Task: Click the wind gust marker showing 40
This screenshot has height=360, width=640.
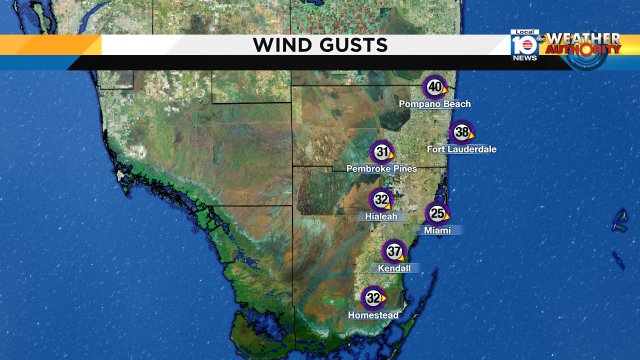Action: point(434,86)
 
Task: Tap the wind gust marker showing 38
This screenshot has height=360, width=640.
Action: point(461,132)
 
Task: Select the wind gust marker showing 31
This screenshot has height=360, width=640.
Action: point(381,152)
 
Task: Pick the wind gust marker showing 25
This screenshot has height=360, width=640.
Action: point(437,213)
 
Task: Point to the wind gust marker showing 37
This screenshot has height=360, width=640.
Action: point(395,251)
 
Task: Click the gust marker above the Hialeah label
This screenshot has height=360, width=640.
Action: point(381,199)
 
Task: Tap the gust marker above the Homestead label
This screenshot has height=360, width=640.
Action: point(374,298)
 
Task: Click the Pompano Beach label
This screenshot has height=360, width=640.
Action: point(434,104)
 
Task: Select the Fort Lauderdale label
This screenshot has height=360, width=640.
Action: point(462,149)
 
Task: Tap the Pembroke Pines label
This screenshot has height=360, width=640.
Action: point(381,169)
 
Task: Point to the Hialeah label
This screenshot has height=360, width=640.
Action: point(381,216)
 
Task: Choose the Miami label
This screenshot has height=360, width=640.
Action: point(437,230)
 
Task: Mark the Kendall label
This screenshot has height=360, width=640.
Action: point(394,268)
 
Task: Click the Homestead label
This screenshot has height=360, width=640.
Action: point(373,315)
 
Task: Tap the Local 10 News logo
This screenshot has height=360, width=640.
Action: point(524,45)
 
